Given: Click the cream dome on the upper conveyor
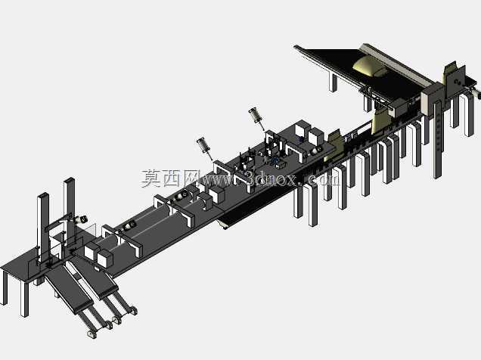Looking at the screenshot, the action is pyautogui.click(x=369, y=67).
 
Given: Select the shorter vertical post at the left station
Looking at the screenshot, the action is pyautogui.click(x=42, y=227).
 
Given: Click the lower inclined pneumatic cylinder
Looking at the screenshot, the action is pyautogui.click(x=204, y=147).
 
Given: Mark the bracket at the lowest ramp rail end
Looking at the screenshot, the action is pyautogui.click(x=92, y=334).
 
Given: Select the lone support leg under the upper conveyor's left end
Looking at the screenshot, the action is pyautogui.click(x=333, y=82).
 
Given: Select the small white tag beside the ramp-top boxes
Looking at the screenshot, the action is pyautogui.click(x=98, y=269).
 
